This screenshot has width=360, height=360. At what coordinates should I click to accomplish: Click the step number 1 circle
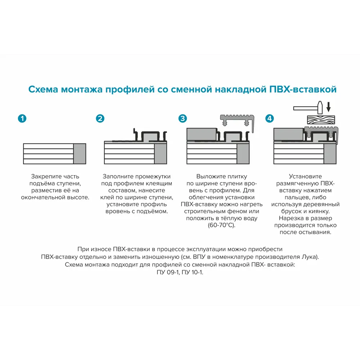[22, 118]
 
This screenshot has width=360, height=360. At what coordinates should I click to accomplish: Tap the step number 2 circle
[100, 118]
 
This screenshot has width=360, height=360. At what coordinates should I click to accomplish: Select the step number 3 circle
[183, 118]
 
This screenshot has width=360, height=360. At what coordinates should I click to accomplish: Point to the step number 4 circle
[270, 118]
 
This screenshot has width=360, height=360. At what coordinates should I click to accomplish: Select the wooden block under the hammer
[320, 120]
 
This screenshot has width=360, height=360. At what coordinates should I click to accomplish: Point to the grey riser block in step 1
[80, 154]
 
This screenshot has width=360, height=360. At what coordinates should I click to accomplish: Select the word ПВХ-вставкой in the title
[303, 89]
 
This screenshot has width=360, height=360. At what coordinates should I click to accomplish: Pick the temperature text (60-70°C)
[221, 225]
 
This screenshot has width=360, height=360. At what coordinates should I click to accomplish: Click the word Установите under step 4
[305, 176]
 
